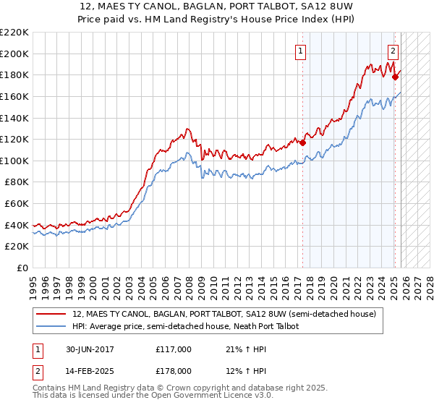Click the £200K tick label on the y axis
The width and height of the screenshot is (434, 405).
coord(14,54)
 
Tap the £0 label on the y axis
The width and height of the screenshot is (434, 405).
coord(22,268)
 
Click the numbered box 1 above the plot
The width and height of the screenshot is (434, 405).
coord(299,51)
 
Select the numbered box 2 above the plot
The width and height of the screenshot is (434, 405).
coord(393,51)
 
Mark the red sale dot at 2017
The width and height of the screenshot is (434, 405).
coord(303,142)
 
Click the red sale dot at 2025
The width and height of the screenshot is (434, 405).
coord(395,77)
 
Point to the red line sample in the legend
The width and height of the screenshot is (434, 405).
coord(51,315)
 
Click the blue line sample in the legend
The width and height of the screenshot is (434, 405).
coord(51,327)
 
